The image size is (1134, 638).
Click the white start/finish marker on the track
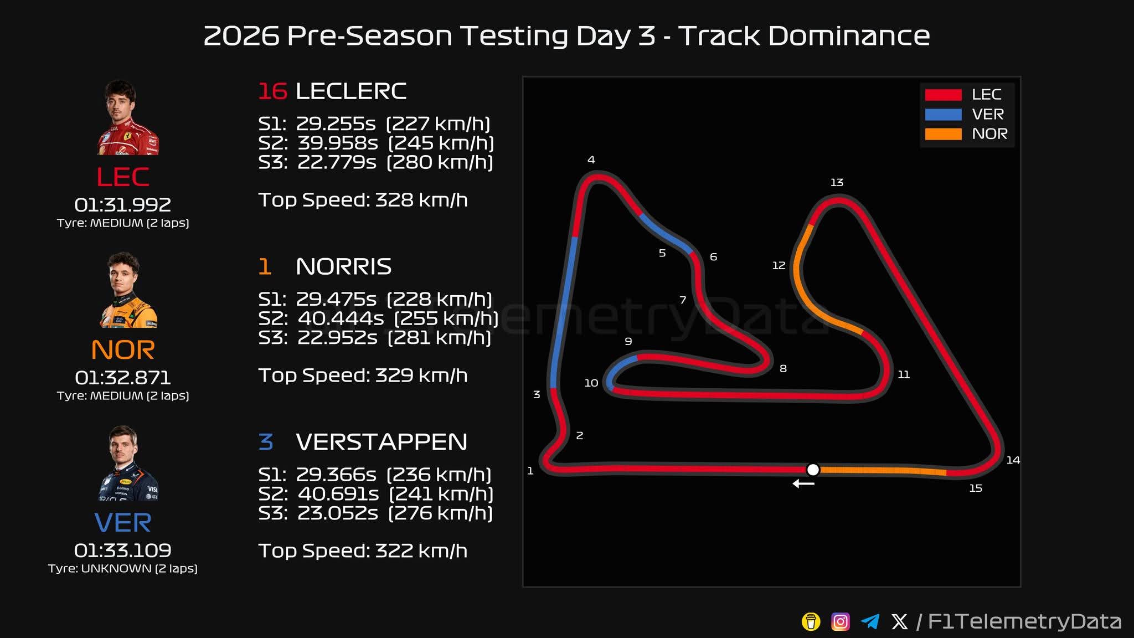(812, 470)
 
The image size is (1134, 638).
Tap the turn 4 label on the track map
(591, 160)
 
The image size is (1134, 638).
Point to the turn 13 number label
(837, 182)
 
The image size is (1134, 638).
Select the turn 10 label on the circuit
(591, 383)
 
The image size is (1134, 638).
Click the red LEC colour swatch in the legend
(943, 95)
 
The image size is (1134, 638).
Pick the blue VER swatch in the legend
(943, 115)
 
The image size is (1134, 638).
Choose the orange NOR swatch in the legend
(943, 134)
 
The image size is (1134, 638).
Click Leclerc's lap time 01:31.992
(123, 205)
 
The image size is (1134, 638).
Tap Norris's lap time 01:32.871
(123, 378)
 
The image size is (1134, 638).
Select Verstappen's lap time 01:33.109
(123, 550)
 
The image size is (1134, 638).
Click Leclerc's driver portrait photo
(126, 117)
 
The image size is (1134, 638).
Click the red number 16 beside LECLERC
(272, 91)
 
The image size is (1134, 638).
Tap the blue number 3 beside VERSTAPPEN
(266, 442)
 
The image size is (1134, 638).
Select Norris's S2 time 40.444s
(341, 318)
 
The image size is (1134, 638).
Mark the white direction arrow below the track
(803, 483)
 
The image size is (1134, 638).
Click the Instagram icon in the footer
(840, 621)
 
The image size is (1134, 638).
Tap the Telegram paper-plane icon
(870, 621)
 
